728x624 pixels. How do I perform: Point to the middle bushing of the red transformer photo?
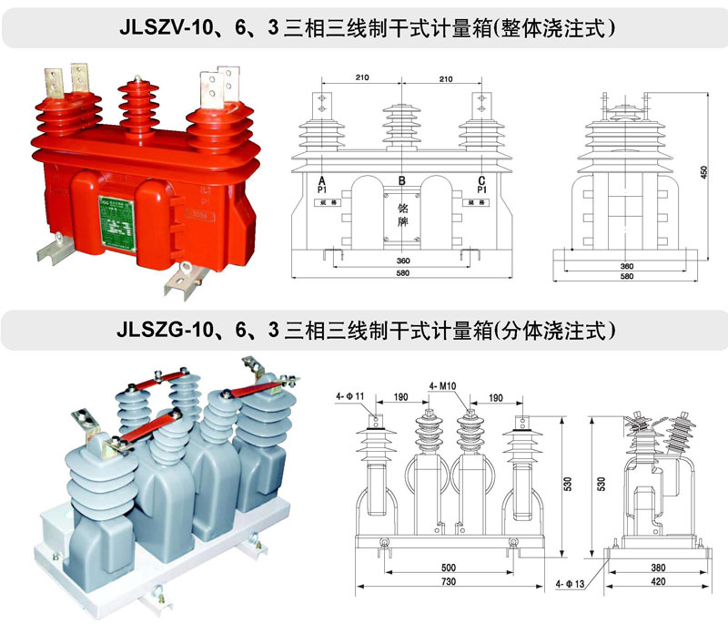point(136,105)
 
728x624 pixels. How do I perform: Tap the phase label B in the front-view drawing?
point(401,181)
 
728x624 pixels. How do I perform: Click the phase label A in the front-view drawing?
point(322,181)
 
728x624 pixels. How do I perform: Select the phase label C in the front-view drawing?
point(480,181)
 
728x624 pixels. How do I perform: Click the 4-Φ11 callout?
point(349,396)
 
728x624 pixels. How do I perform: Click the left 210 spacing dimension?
point(362,80)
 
